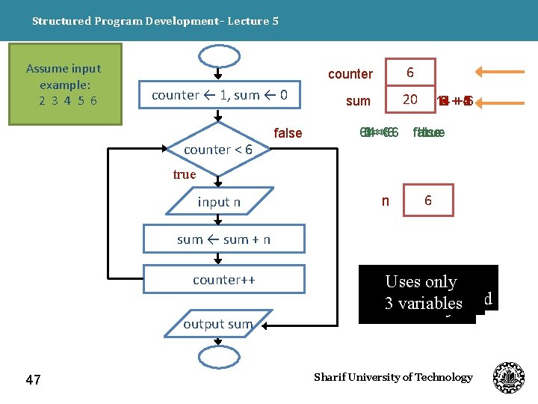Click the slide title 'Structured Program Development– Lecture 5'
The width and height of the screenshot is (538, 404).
coord(155,21)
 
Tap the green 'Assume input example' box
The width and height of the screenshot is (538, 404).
coord(63,84)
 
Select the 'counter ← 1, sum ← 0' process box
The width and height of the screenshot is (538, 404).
coord(220,95)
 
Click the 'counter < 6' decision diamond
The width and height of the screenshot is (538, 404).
coord(218,150)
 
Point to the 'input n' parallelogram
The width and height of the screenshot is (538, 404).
coord(219,202)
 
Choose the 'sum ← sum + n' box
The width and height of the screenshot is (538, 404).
coord(224,239)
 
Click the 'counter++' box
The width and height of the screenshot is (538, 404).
coord(224,280)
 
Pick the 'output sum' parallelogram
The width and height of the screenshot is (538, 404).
coord(218,323)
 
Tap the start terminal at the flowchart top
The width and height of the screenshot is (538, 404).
coord(217,57)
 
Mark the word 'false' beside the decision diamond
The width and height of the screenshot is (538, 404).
coord(288,133)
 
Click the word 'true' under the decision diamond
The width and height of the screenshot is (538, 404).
coord(185,174)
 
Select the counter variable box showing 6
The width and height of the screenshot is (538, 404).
coord(410,73)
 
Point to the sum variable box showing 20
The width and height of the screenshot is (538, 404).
coord(410,100)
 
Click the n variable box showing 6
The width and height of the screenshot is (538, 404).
coord(427,201)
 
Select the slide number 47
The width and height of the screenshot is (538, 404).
coord(33,380)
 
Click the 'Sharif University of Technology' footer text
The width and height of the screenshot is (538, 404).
coord(393,377)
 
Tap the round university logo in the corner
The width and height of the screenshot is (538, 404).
coord(509,377)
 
